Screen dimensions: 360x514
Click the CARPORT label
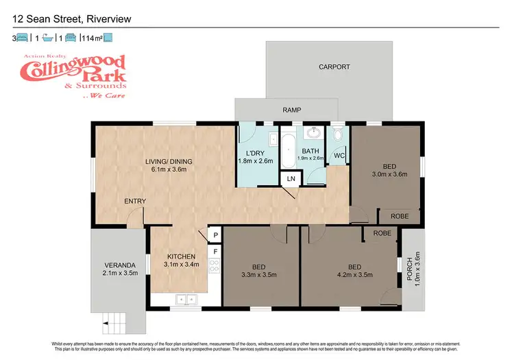pyautogui.click(x=334, y=67)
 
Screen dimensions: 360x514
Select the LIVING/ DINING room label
pyautogui.click(x=169, y=162)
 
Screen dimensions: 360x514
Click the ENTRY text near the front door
pyautogui.click(x=134, y=201)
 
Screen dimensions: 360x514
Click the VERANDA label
pyautogui.click(x=117, y=265)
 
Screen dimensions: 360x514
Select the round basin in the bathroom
pyautogui.click(x=315, y=132)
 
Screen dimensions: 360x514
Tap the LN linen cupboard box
pyautogui.click(x=291, y=180)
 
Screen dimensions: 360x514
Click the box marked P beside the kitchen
pyautogui.click(x=215, y=235)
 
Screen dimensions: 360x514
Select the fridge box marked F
pyautogui.click(x=215, y=252)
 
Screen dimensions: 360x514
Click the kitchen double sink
pyautogui.click(x=184, y=299)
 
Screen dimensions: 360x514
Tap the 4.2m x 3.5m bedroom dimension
pyautogui.click(x=354, y=274)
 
